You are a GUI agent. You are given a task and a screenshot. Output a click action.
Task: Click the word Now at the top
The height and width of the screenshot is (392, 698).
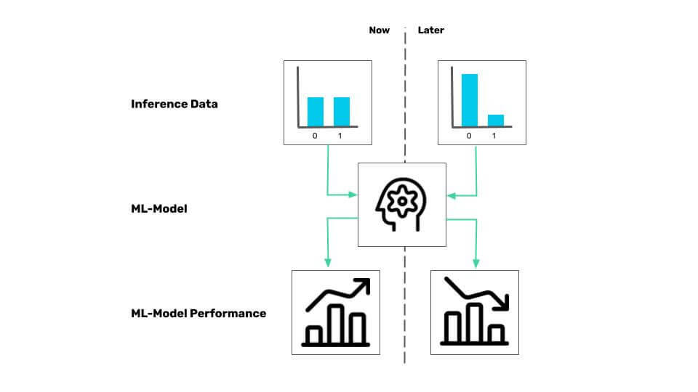pyautogui.click(x=379, y=30)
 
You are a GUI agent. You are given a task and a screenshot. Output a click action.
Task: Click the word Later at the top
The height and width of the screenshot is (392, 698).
pyautogui.click(x=430, y=30)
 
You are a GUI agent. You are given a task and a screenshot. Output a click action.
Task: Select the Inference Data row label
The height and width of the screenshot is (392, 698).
pyautogui.click(x=174, y=104)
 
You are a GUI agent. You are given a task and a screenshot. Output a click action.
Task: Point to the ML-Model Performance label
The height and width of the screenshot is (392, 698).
pyautogui.click(x=198, y=314)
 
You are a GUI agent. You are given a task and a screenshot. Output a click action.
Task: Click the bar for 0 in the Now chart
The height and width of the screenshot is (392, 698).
pyautogui.click(x=315, y=111)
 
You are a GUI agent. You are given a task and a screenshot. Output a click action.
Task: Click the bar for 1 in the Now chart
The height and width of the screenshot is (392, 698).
pyautogui.click(x=342, y=111)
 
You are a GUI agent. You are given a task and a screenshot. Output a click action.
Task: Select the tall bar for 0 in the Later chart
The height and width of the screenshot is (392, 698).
pyautogui.click(x=470, y=100)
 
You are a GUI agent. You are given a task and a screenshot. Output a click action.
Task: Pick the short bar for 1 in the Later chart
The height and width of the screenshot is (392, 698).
pyautogui.click(x=496, y=121)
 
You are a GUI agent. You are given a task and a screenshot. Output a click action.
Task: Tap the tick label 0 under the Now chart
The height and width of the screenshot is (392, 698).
pyautogui.click(x=315, y=136)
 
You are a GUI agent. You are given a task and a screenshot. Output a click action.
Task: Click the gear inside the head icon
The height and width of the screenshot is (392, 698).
pyautogui.click(x=401, y=197)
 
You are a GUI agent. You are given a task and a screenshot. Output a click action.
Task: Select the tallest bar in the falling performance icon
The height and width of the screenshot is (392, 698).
pyautogui.click(x=474, y=322)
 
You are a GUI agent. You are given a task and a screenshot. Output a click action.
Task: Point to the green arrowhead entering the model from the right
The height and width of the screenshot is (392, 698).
pyautogui.click(x=451, y=195)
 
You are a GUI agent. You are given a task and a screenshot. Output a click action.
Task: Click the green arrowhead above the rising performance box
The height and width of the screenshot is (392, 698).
pyautogui.click(x=328, y=263)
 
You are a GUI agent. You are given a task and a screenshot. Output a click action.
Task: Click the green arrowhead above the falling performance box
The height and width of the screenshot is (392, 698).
pyautogui.click(x=476, y=263)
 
